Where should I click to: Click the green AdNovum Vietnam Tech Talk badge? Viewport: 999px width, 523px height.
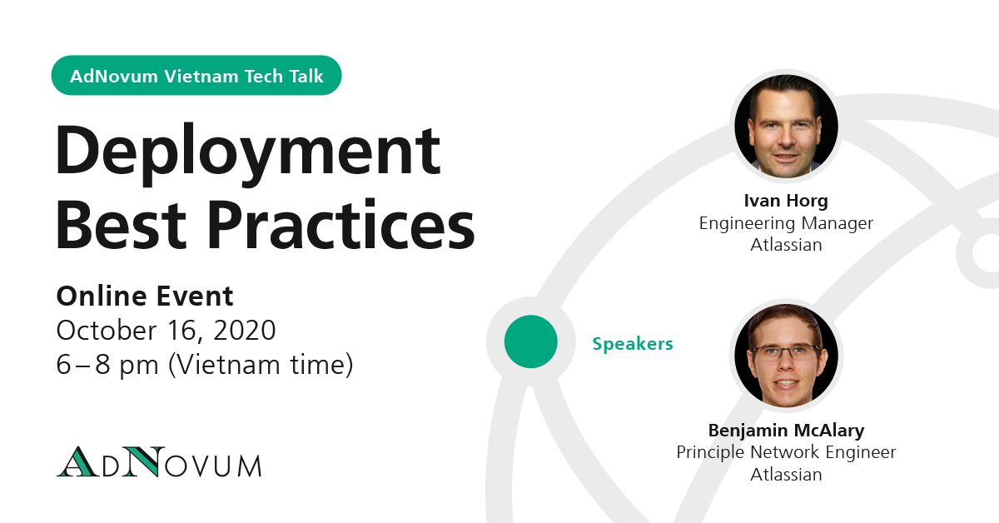pyautogui.click(x=196, y=76)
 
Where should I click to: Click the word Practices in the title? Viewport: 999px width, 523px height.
pyautogui.click(x=340, y=225)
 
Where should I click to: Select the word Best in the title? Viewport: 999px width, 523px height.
pyautogui.click(x=121, y=225)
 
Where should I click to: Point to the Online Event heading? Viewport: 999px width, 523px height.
pyautogui.click(x=145, y=296)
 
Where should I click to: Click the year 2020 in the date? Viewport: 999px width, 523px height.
pyautogui.click(x=245, y=331)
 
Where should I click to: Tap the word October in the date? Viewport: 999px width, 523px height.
pyautogui.click(x=107, y=331)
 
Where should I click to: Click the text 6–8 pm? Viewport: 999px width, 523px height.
pyautogui.click(x=107, y=365)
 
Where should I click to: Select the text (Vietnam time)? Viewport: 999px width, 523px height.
pyautogui.click(x=261, y=365)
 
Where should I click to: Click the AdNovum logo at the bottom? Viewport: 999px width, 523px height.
pyautogui.click(x=159, y=461)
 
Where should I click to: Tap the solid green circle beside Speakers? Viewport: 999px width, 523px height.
pyautogui.click(x=531, y=341)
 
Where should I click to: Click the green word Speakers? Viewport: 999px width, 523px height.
pyautogui.click(x=633, y=344)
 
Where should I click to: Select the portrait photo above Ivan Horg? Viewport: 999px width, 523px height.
pyautogui.click(x=786, y=127)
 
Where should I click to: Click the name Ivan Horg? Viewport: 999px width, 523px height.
pyautogui.click(x=786, y=201)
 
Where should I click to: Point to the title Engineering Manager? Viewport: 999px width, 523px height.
pyautogui.click(x=786, y=223)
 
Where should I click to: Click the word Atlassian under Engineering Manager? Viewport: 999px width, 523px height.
pyautogui.click(x=786, y=245)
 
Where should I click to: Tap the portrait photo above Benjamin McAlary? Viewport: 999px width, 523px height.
pyautogui.click(x=786, y=356)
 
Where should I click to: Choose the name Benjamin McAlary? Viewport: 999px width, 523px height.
pyautogui.click(x=786, y=431)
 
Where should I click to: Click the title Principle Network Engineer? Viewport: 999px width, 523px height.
pyautogui.click(x=786, y=452)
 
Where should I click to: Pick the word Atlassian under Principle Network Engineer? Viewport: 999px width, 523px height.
pyautogui.click(x=786, y=475)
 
